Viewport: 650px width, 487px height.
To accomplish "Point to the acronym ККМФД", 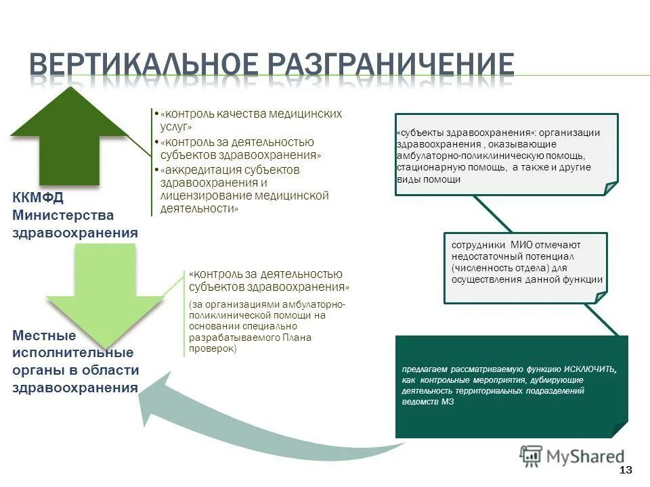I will click(x=37, y=198).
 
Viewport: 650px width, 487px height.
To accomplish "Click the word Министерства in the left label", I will click(x=62, y=215).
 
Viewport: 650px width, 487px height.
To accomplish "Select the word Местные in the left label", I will click(x=44, y=335).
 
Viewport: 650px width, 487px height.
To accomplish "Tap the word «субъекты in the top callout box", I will click(x=420, y=133).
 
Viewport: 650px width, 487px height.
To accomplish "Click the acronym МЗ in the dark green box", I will click(x=448, y=402).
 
